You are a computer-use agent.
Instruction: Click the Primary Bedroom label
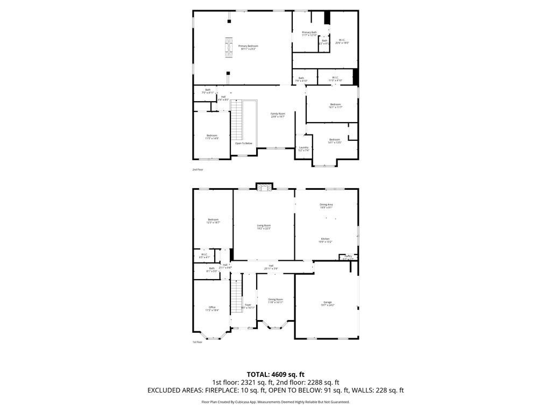[248, 46]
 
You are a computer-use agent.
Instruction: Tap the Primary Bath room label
[309, 32]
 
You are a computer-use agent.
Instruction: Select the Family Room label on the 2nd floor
[278, 114]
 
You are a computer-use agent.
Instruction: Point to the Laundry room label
[303, 148]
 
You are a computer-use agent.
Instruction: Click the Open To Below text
[243, 143]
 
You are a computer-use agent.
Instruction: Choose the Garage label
[327, 302]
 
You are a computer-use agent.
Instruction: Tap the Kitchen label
[326, 239]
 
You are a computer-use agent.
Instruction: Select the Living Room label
[264, 226]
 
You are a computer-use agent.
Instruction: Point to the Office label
[212, 308]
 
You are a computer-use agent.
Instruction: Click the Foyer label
[248, 305]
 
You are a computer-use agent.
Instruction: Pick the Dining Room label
[275, 300]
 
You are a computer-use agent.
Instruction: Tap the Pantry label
[349, 256]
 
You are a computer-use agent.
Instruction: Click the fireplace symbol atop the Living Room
[264, 187]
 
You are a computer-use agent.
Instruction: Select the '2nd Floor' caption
[198, 169]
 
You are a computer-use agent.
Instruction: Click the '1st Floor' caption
[197, 342]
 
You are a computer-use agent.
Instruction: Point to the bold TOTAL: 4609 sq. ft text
[275, 374]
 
